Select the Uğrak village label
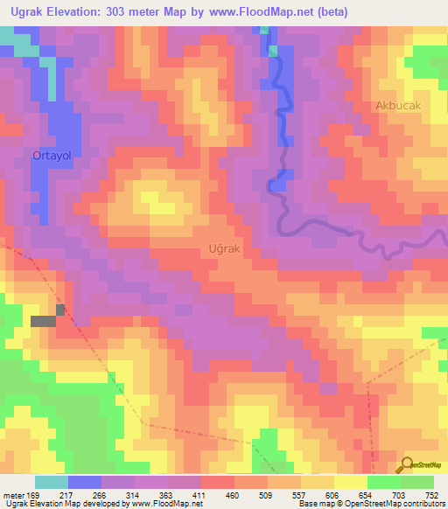point(224,248)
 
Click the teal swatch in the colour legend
point(52,482)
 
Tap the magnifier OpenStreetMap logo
point(406,464)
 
